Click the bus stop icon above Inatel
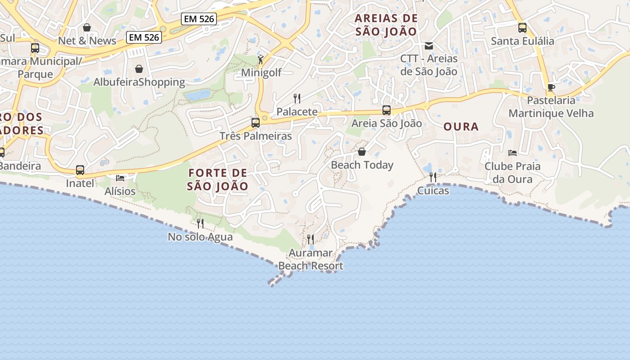pos(80,170)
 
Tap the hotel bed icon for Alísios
pos(120,178)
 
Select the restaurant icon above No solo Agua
pos(200,223)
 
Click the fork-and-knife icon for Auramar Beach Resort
pos(310,239)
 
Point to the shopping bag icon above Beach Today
pos(362,152)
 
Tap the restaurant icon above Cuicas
pos(433,177)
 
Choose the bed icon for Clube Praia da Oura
pos(513,153)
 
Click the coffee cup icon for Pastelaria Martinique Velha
pos(551,87)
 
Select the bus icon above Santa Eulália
pos(522,28)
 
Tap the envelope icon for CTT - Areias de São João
pos(429,45)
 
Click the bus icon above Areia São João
pos(387,110)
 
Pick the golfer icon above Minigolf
pos(261,59)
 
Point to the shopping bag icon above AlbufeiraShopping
pos(139,69)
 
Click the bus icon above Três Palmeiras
pos(256,123)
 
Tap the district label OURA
pos(461,127)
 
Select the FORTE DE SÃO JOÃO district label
pos(218,180)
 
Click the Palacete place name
pos(297,112)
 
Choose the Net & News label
pos(87,41)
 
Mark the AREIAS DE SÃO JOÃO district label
pos(387,25)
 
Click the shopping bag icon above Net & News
pos(87,27)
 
